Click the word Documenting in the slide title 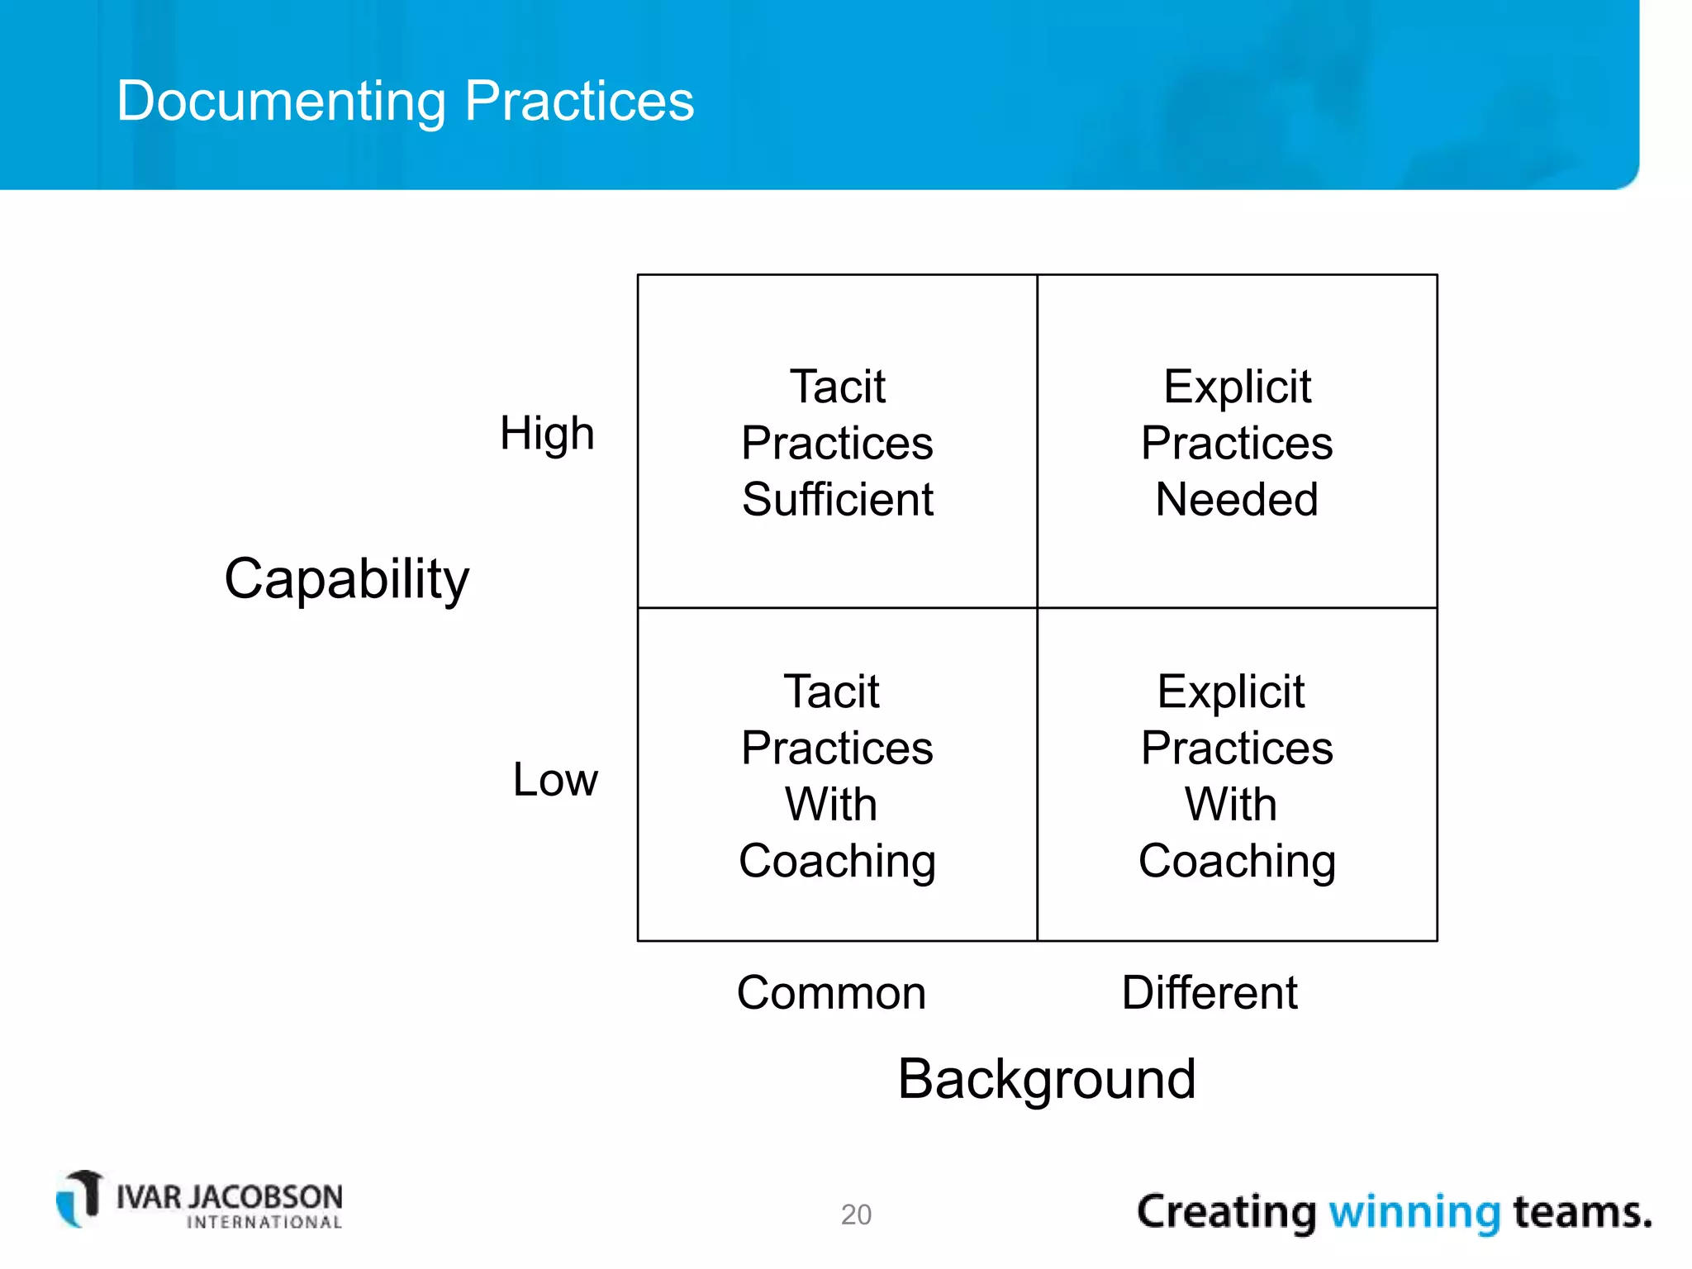(x=282, y=102)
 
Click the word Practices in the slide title (x=579, y=102)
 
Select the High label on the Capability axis (x=547, y=434)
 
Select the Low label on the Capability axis (x=554, y=779)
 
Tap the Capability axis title (x=346, y=578)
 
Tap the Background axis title (x=1046, y=1079)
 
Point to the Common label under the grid (x=831, y=992)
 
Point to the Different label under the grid (x=1209, y=992)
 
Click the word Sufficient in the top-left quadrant (x=837, y=499)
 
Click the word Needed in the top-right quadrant (x=1236, y=499)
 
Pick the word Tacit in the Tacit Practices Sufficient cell (x=837, y=387)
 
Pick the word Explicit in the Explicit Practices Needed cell (x=1236, y=387)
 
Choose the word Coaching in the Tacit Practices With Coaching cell (x=837, y=861)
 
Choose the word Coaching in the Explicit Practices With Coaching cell (x=1236, y=861)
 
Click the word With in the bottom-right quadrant (x=1230, y=804)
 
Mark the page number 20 (x=856, y=1214)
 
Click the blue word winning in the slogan (x=1414, y=1212)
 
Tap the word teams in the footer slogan (x=1581, y=1212)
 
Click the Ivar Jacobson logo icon (x=79, y=1198)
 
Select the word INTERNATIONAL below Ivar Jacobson (x=264, y=1223)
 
